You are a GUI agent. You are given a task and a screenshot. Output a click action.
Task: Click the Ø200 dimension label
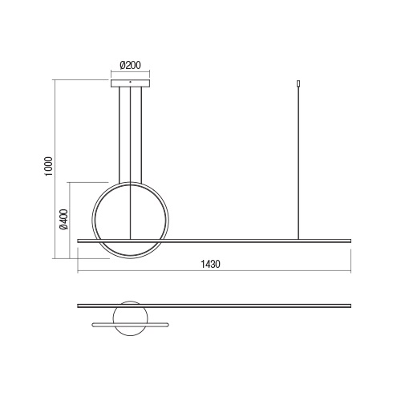coord(130,65)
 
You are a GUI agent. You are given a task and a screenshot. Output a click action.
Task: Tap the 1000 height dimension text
coord(49,166)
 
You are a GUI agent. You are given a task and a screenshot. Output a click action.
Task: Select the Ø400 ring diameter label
coord(64,219)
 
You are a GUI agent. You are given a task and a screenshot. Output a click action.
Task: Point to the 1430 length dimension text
coord(210,264)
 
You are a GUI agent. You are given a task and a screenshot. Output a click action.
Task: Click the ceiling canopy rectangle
coord(130,83)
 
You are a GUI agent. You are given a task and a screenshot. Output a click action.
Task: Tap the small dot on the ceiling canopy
coord(130,82)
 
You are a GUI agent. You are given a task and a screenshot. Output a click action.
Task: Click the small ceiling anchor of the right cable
coord(298,83)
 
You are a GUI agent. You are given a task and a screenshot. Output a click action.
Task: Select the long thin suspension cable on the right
coord(298,163)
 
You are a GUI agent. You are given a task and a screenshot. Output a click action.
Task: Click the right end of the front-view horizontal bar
coord(350,241)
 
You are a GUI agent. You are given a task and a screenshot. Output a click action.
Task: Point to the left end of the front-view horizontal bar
coord(78,241)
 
